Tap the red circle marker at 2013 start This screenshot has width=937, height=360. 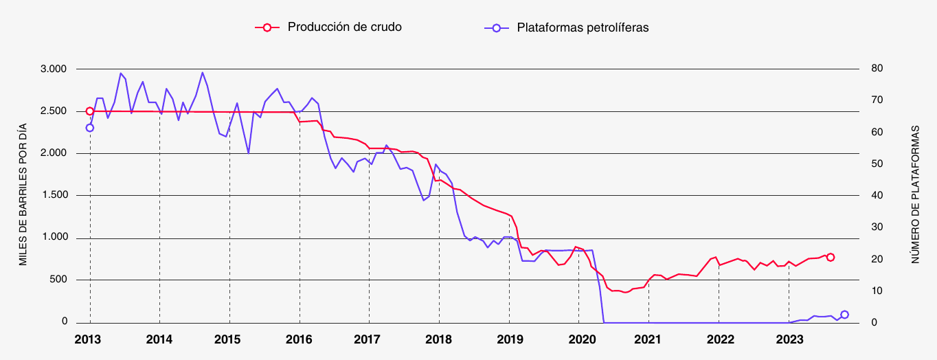point(90,111)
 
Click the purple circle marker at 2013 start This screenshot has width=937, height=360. point(90,128)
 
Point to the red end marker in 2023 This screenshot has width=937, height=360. point(831,257)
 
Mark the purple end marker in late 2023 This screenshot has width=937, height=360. point(844,315)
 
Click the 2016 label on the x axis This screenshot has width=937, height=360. point(299,339)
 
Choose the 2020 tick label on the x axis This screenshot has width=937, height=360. point(578,339)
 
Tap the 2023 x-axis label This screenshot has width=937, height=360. point(789,339)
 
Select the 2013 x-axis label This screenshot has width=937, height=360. point(89,339)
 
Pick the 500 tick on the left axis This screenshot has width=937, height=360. point(58,280)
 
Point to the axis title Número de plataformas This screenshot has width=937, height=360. point(916,195)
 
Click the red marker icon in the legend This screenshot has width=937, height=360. point(267,27)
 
